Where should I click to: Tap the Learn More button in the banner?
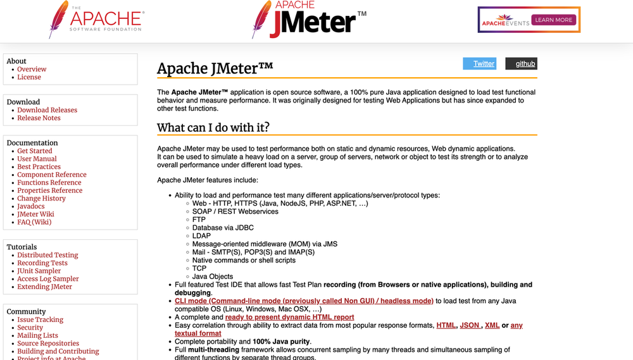point(553,20)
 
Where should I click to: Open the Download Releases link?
point(47,110)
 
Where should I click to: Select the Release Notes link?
point(39,118)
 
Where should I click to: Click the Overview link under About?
point(32,69)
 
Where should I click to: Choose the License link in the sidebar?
point(29,77)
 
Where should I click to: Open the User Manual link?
point(37,159)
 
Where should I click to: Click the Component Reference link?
point(52,175)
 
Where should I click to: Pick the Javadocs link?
point(31,206)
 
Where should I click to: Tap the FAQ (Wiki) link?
point(34,222)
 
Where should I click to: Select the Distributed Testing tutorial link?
point(47,255)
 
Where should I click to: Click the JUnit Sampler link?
point(39,271)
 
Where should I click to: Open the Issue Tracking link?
point(40,320)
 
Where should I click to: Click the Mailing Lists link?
point(37,335)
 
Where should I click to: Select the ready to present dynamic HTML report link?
point(289,317)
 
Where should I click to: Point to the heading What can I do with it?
point(213,127)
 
